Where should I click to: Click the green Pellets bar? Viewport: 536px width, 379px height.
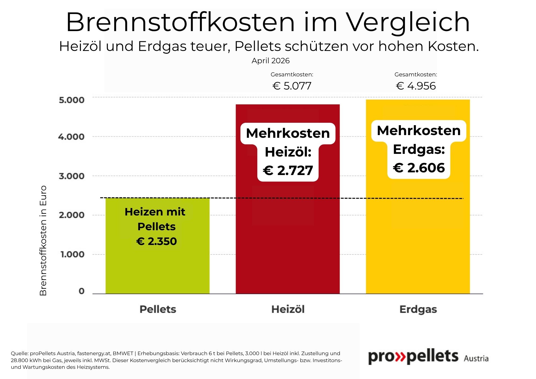pos(157,268)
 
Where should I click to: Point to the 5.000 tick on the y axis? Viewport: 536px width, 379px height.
pos(72,100)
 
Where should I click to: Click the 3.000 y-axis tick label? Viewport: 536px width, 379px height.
pos(72,176)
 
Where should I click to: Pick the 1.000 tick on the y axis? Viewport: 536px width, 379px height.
pos(72,254)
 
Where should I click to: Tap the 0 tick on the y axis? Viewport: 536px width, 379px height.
pos(81,291)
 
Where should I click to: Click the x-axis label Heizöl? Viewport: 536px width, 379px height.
pos(288,309)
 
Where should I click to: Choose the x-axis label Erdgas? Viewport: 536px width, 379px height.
pos(418,309)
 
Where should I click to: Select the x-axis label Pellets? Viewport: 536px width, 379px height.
pos(158,309)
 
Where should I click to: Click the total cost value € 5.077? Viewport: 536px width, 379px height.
pos(292,86)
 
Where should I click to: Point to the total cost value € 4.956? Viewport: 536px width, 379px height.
pos(416,86)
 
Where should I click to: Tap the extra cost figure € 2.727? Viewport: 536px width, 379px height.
pos(288,171)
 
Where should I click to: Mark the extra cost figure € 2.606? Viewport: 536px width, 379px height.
pos(419,168)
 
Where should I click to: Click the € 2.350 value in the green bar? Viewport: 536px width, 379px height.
pos(157,241)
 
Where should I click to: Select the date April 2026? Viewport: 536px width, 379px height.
pos(270,61)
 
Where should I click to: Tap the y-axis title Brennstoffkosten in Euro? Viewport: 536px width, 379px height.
pos(43,240)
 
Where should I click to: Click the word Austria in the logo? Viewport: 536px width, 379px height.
pos(476,358)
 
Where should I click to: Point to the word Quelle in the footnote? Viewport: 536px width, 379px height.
pos(19,354)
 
